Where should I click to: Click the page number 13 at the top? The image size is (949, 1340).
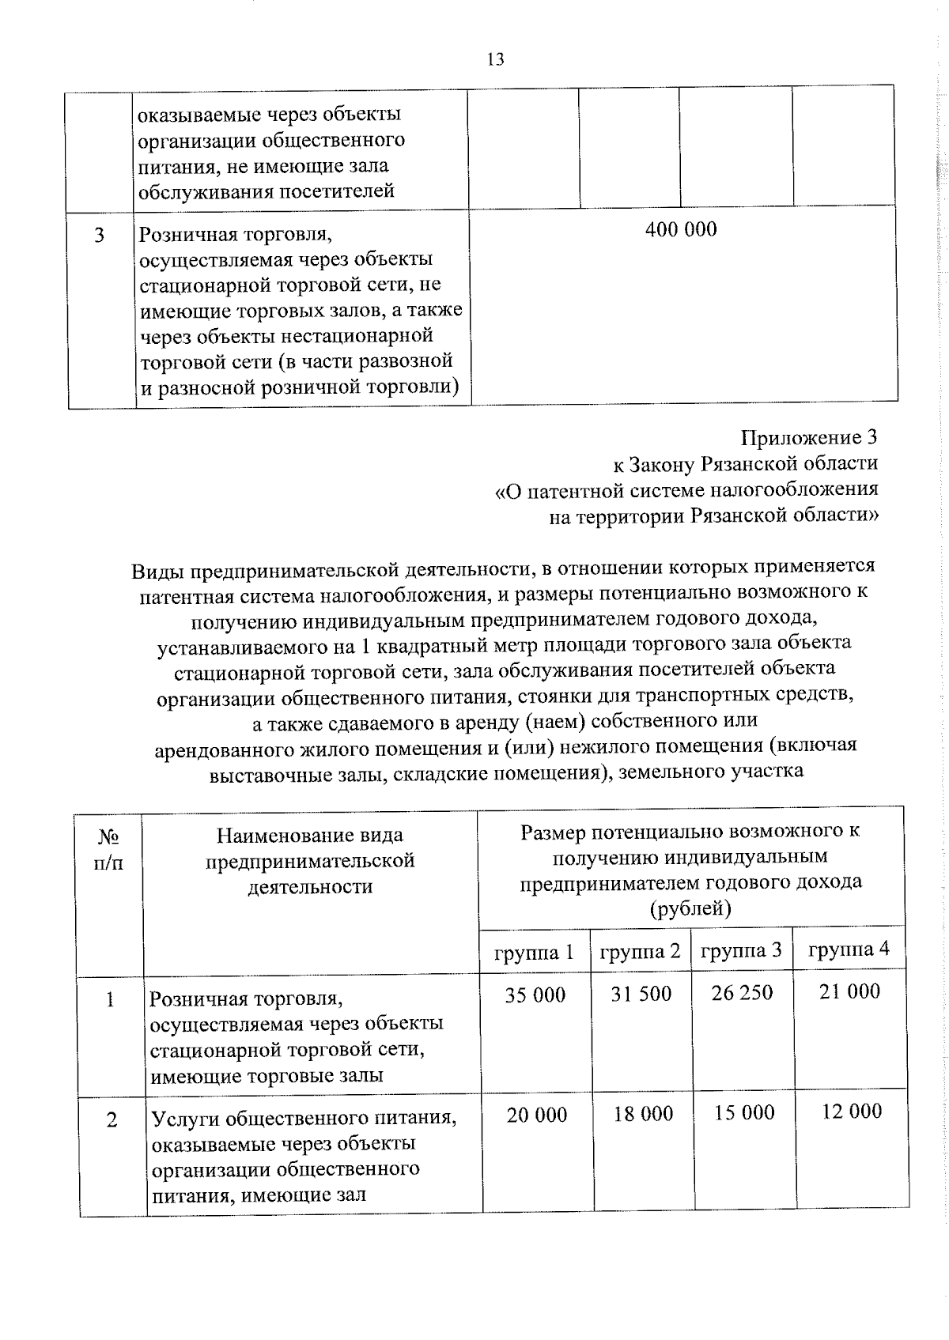pos(496,60)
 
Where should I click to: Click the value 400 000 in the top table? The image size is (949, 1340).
pos(681,230)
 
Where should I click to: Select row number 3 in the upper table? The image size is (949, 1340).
pos(100,236)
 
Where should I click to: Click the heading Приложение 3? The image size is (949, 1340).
pos(809,437)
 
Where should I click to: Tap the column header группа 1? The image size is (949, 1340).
pos(534,953)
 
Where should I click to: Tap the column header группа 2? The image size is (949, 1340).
pos(640,951)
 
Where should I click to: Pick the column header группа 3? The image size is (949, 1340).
pos(741,950)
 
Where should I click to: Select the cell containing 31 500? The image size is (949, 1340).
pos(641,994)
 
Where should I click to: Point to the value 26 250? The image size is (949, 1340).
pos(742,993)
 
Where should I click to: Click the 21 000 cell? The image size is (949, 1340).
pos(849,991)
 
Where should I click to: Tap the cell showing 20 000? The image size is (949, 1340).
pos(537,1115)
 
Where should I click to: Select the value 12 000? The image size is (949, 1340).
pos(851,1112)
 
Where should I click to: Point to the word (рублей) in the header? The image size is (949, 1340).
pos(690,909)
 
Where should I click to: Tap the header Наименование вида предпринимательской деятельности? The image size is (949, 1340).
pos(310,861)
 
